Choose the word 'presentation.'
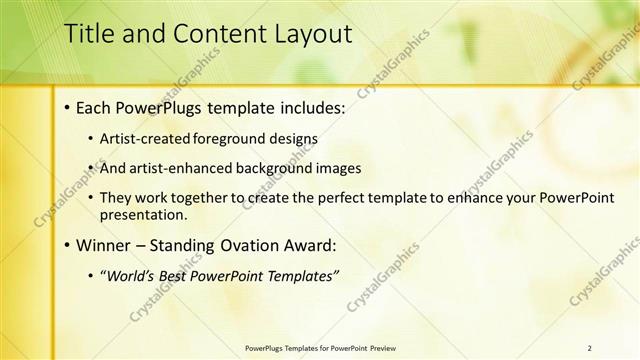tap(143, 214)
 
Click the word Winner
tap(104, 245)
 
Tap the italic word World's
tap(133, 275)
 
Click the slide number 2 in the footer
tap(590, 347)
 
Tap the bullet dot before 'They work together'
tap(91, 199)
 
